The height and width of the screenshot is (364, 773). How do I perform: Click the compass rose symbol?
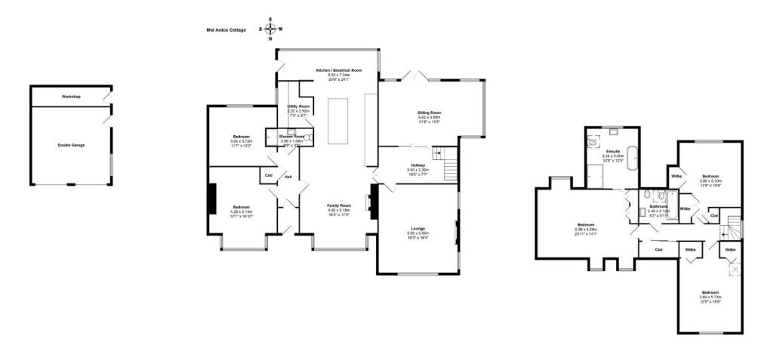click(271, 29)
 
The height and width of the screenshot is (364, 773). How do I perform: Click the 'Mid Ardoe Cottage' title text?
click(226, 30)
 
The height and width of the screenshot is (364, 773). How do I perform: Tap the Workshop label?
click(71, 97)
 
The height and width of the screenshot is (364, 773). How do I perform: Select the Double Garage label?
click(71, 144)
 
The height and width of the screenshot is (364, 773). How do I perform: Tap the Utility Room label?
click(299, 106)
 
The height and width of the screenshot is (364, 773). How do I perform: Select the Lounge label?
click(419, 228)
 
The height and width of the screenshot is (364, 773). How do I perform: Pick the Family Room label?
click(339, 205)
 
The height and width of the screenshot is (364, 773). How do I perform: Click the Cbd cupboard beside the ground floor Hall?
click(268, 176)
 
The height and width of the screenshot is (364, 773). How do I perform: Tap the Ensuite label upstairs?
click(613, 152)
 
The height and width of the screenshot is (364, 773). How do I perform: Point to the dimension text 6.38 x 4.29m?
click(586, 229)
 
